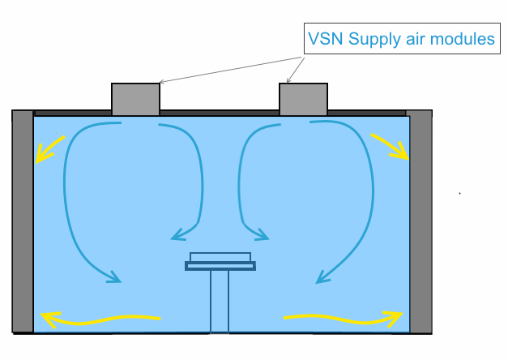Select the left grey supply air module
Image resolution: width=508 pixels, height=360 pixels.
pyautogui.click(x=135, y=99)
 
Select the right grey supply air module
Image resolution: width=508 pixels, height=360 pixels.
pyautogui.click(x=303, y=99)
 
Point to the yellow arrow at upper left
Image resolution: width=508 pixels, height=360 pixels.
pyautogui.click(x=47, y=148)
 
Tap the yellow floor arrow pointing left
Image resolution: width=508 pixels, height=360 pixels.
pyautogui.click(x=97, y=318)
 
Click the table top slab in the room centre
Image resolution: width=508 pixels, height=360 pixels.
pyautogui.click(x=220, y=265)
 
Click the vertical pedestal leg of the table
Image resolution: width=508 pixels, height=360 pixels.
pyautogui.click(x=220, y=300)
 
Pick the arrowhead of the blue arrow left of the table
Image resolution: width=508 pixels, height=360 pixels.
pyautogui.click(x=177, y=237)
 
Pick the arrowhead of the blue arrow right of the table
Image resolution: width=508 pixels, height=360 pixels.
pyautogui.click(x=263, y=237)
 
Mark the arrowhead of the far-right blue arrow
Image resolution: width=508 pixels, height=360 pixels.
pyautogui.click(x=321, y=280)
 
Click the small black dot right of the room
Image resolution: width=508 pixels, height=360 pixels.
pyautogui.click(x=459, y=194)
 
